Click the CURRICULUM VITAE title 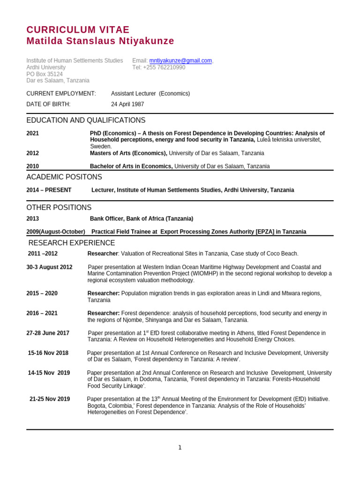tap(78, 30)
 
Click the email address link tap(180, 60)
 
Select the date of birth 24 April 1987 tap(127, 104)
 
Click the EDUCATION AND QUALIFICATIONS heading tap(86, 120)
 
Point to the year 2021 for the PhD tap(33, 134)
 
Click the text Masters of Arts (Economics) tap(128, 153)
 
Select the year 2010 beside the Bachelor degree tap(33, 166)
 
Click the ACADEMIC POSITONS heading tap(64, 177)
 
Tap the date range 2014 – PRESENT tap(49, 190)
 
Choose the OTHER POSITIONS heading tap(59, 208)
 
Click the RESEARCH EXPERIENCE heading tap(72, 243)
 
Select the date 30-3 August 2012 tap(50, 267)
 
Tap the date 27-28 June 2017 tap(48, 333)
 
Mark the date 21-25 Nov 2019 tap(50, 399)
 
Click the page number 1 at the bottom tap(180, 448)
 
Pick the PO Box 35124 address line tap(45, 74)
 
